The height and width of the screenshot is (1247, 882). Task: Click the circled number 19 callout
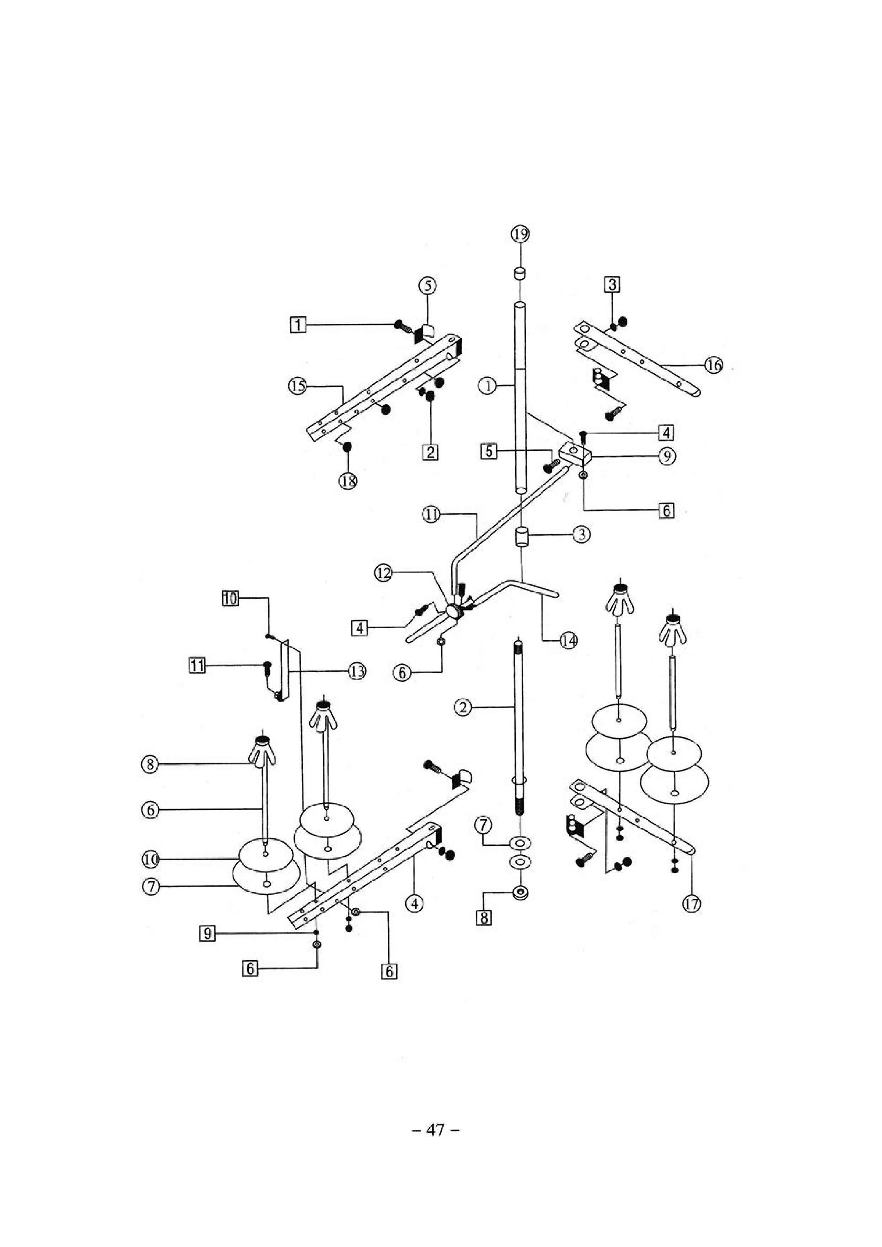pos(520,235)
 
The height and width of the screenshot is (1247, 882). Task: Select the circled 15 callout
pos(297,387)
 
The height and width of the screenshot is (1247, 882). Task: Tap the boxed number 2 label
pos(431,452)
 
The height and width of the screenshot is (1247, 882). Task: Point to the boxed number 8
pos(483,918)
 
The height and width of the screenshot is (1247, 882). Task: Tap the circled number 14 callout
pos(569,641)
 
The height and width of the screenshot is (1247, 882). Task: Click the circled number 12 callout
pos(384,573)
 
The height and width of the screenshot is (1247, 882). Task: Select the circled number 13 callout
pos(357,672)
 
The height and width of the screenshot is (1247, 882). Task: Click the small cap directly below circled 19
pos(520,273)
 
